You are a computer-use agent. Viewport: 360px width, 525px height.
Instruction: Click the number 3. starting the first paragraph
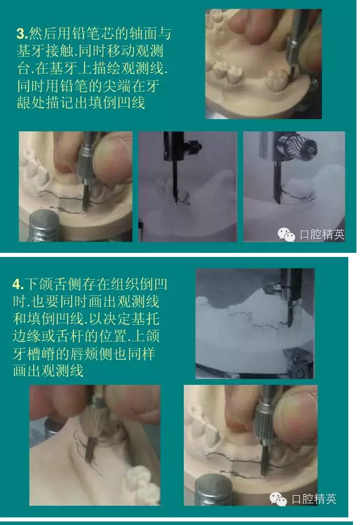[22, 33]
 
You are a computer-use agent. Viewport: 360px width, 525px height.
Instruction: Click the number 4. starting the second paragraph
[18, 284]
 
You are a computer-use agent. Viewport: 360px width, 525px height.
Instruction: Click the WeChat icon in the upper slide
[286, 235]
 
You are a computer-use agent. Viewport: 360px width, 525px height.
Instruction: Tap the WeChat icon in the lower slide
[278, 499]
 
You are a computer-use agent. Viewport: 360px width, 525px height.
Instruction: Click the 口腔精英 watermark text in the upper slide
[321, 234]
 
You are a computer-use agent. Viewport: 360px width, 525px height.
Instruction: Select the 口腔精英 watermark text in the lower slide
[314, 499]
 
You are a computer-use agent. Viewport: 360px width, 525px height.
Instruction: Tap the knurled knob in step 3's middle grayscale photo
[195, 145]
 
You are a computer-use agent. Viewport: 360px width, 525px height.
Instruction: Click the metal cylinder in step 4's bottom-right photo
[213, 491]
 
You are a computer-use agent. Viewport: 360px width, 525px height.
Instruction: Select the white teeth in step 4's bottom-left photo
[143, 485]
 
